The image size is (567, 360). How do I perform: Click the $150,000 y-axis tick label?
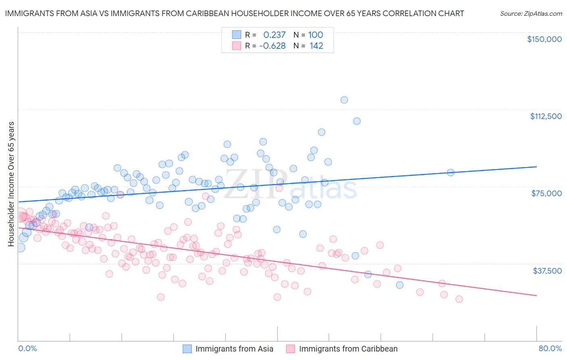point(544,39)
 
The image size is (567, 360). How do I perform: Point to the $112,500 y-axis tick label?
point(546,116)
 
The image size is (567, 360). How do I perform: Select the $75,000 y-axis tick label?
point(546,193)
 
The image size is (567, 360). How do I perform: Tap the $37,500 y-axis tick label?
point(547,271)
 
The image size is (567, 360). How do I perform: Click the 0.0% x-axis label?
point(28,348)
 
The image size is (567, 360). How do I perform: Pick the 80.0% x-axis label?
point(550,348)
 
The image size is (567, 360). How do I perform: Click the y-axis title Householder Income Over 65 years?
point(11,184)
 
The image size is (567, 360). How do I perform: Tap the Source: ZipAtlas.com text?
point(531,13)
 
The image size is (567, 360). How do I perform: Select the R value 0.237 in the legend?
point(274,35)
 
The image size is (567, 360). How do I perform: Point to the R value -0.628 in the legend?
point(272,46)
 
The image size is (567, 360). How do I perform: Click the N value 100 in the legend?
point(316,35)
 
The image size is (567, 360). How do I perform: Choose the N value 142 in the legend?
point(316,46)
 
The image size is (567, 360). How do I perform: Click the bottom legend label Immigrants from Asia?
point(234,349)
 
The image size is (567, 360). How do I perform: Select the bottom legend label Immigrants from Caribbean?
point(348,349)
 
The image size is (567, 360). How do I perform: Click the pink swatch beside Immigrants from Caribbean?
point(290,349)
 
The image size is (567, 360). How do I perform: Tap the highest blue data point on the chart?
point(344,100)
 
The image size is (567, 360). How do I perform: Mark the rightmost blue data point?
point(450,172)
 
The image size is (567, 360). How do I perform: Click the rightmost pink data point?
point(459,299)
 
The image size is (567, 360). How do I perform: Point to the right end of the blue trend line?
point(536,167)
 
